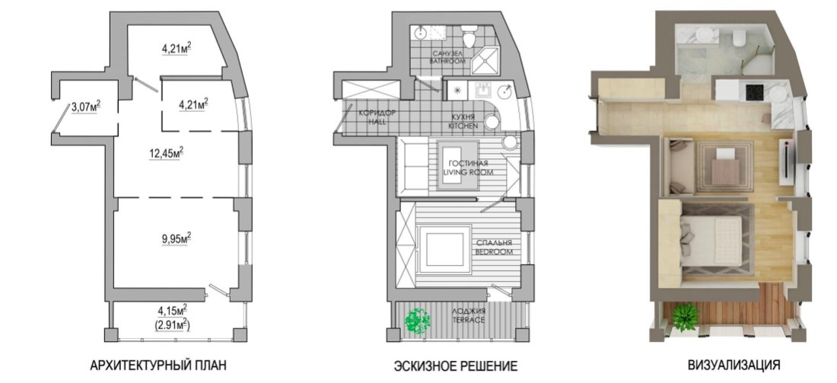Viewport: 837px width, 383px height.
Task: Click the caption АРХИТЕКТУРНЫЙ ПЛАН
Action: pos(158,366)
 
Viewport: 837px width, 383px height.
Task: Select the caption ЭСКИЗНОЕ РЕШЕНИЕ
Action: pos(456,366)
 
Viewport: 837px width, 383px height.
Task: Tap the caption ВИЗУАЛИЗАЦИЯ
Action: pos(734,365)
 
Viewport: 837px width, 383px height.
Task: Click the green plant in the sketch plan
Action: pos(418,321)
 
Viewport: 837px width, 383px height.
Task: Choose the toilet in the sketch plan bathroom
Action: pos(469,35)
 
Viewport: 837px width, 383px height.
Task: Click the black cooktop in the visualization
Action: pos(754,92)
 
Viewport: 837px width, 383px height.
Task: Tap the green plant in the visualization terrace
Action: pos(685,316)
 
